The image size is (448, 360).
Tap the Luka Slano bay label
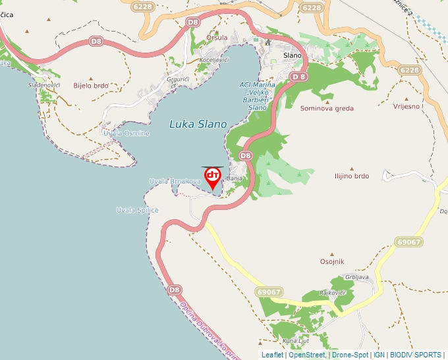pyautogui.click(x=198, y=124)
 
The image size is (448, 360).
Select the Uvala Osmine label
pyautogui.click(x=126, y=134)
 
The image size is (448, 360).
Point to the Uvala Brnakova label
pyautogui.click(x=174, y=181)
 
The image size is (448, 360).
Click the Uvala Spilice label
pyautogui.click(x=137, y=210)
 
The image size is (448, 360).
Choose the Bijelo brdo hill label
pyautogui.click(x=91, y=86)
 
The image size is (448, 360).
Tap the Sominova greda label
pyautogui.click(x=327, y=109)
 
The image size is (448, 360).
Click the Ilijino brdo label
pyautogui.click(x=351, y=176)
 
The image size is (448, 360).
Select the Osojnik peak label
pyautogui.click(x=332, y=261)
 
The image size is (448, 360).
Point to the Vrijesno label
pyautogui.click(x=406, y=107)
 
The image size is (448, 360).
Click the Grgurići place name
pyautogui.click(x=178, y=80)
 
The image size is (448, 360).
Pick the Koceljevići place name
pyautogui.click(x=213, y=61)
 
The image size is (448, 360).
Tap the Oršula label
pyautogui.click(x=217, y=38)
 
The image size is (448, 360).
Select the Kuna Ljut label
pyautogui.click(x=295, y=341)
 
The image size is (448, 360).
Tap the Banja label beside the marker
pyautogui.click(x=235, y=178)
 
